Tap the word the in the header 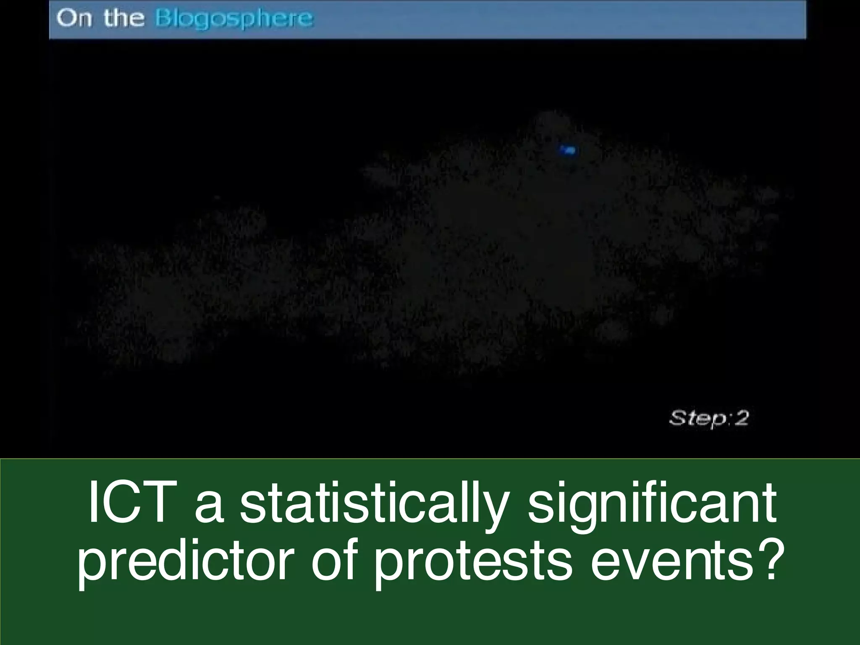point(124,19)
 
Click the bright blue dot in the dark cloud point(569,150)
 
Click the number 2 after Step point(742,418)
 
